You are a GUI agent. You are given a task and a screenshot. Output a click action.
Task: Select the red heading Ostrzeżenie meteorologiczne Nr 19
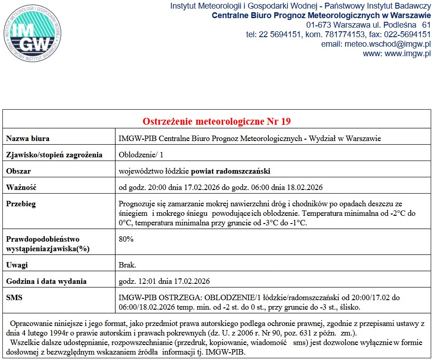(x=217, y=122)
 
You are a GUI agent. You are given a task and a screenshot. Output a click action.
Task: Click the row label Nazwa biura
(x=28, y=138)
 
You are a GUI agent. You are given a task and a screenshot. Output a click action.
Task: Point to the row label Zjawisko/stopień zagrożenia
(x=54, y=155)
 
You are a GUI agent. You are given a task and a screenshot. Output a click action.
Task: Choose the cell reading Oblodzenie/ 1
(x=141, y=155)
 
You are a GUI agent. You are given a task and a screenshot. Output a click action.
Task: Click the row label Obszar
(x=19, y=171)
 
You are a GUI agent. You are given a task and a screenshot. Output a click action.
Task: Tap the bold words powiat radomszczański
(x=231, y=171)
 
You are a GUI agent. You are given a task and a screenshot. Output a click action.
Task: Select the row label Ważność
(x=21, y=187)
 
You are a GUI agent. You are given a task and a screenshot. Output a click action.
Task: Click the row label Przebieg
(x=21, y=204)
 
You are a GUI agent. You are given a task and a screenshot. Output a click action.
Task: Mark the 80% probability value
(x=126, y=239)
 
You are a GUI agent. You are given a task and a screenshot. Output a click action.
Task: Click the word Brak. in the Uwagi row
(x=127, y=265)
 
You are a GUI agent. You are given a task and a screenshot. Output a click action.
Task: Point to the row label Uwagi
(x=17, y=265)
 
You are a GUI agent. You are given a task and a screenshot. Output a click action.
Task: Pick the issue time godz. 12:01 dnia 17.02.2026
(x=164, y=281)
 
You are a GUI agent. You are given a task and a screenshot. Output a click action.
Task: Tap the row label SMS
(x=15, y=297)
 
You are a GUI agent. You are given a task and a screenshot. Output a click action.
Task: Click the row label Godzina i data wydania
(x=46, y=281)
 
